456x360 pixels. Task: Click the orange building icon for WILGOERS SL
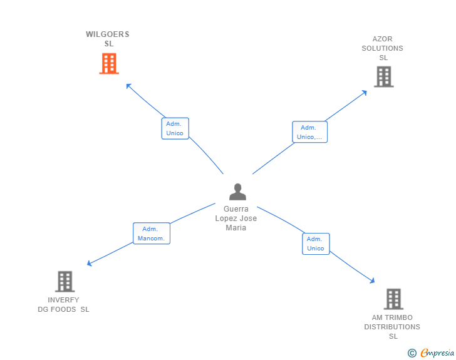click(x=109, y=63)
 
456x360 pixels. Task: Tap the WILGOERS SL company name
click(x=108, y=39)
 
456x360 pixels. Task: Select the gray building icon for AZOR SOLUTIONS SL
click(x=383, y=76)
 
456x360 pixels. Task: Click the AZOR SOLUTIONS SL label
click(x=383, y=48)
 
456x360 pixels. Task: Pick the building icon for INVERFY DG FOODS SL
click(x=65, y=282)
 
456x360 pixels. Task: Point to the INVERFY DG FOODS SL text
click(x=63, y=305)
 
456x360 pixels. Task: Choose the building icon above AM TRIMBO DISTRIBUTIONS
click(x=393, y=299)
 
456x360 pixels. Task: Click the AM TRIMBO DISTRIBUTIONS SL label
click(x=392, y=327)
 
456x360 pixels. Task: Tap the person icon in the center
click(x=237, y=192)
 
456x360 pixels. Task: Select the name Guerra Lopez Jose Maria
click(x=236, y=219)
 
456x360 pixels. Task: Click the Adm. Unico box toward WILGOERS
click(x=175, y=128)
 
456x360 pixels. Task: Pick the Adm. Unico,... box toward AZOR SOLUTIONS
click(x=309, y=132)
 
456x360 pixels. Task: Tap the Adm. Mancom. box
click(x=152, y=234)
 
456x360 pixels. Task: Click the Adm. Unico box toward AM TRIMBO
click(x=316, y=244)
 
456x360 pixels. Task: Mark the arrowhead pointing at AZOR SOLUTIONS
click(x=365, y=92)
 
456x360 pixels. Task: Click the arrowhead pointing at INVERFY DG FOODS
click(x=89, y=264)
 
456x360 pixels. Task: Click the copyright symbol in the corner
click(x=412, y=353)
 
